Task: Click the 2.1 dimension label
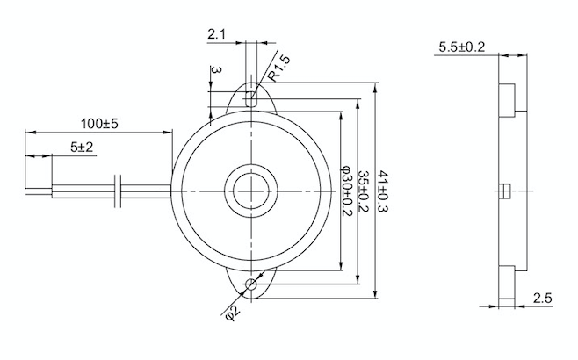[216, 34]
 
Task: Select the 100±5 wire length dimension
[99, 123]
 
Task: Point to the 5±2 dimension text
[83, 148]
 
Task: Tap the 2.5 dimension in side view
[542, 299]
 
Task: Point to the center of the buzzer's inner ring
[252, 191]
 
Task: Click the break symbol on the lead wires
[121, 191]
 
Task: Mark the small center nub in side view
[504, 191]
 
